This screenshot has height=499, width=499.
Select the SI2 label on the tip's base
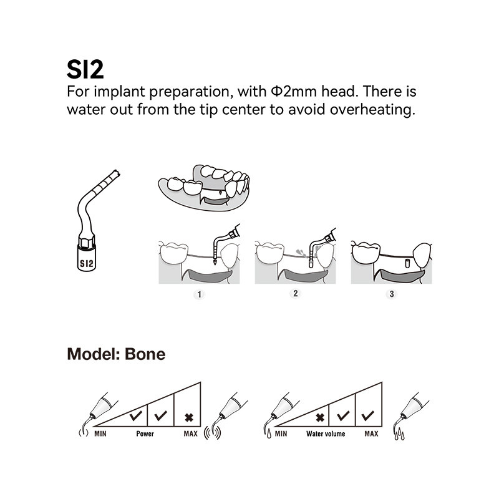85,263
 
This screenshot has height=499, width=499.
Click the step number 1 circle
199,294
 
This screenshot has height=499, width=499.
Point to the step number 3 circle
391,294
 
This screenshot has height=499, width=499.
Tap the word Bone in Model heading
145,354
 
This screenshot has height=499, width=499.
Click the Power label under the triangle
145,433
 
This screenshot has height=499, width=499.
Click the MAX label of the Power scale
190,433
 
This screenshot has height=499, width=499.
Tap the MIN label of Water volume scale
281,433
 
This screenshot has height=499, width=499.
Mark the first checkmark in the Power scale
135,415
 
